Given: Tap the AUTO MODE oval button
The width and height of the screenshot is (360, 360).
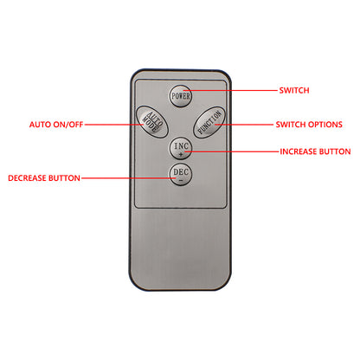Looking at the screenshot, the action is [x=152, y=121].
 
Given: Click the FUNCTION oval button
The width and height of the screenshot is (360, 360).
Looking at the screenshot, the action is [x=209, y=123].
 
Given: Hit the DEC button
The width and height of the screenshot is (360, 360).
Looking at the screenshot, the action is [x=181, y=175].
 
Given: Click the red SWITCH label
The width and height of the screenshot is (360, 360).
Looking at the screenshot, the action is [x=294, y=91].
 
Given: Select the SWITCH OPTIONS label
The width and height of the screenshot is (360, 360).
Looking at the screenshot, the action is [x=309, y=125].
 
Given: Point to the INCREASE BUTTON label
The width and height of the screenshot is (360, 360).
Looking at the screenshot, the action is [x=315, y=151].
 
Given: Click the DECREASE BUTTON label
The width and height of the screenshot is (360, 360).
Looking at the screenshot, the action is [x=44, y=178].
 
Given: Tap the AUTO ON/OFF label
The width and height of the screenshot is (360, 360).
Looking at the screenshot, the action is [x=56, y=125].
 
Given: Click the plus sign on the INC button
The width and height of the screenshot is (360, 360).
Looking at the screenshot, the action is [x=181, y=154].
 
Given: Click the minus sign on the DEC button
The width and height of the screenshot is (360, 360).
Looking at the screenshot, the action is [x=181, y=181].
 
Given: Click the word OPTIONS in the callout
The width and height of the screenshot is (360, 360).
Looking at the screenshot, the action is [x=325, y=125].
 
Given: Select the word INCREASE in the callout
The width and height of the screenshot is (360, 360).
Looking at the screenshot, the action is [x=298, y=151].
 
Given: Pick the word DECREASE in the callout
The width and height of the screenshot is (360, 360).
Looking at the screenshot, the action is [x=27, y=178].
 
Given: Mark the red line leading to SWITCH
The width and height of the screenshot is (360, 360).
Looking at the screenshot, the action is [x=230, y=91].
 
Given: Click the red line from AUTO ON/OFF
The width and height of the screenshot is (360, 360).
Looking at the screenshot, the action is [x=114, y=125].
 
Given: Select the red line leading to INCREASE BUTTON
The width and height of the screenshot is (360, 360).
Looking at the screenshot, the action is [x=232, y=151].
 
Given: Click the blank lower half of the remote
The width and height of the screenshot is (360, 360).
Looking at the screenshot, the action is [x=181, y=248].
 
